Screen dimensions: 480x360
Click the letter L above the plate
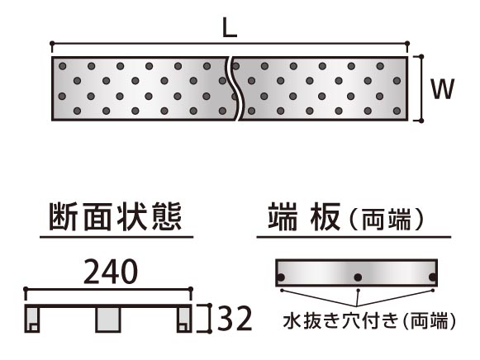tap(230, 27)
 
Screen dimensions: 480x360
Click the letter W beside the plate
tap(442, 88)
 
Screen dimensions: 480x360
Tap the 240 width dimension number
tap(111, 271)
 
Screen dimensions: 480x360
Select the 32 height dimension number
tap(234, 319)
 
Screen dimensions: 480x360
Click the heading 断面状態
tap(116, 217)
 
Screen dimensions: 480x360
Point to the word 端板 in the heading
tap(304, 217)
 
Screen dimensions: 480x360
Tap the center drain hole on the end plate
tap(358, 277)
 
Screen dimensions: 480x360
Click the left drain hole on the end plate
tap(280, 277)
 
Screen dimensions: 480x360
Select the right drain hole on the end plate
tap(433, 277)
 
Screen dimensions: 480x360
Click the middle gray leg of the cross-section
tap(107, 320)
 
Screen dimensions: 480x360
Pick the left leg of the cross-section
tap(32, 320)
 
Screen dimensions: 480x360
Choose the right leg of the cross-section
tap(184, 320)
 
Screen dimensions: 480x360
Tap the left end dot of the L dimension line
tap(52, 43)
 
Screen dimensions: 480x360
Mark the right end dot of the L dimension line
tap(407, 43)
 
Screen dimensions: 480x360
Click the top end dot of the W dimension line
tap(421, 57)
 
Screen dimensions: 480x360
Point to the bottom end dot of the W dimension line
tap(421, 121)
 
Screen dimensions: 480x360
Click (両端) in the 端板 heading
tap(387, 219)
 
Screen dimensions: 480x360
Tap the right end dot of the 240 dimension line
tap(190, 289)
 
